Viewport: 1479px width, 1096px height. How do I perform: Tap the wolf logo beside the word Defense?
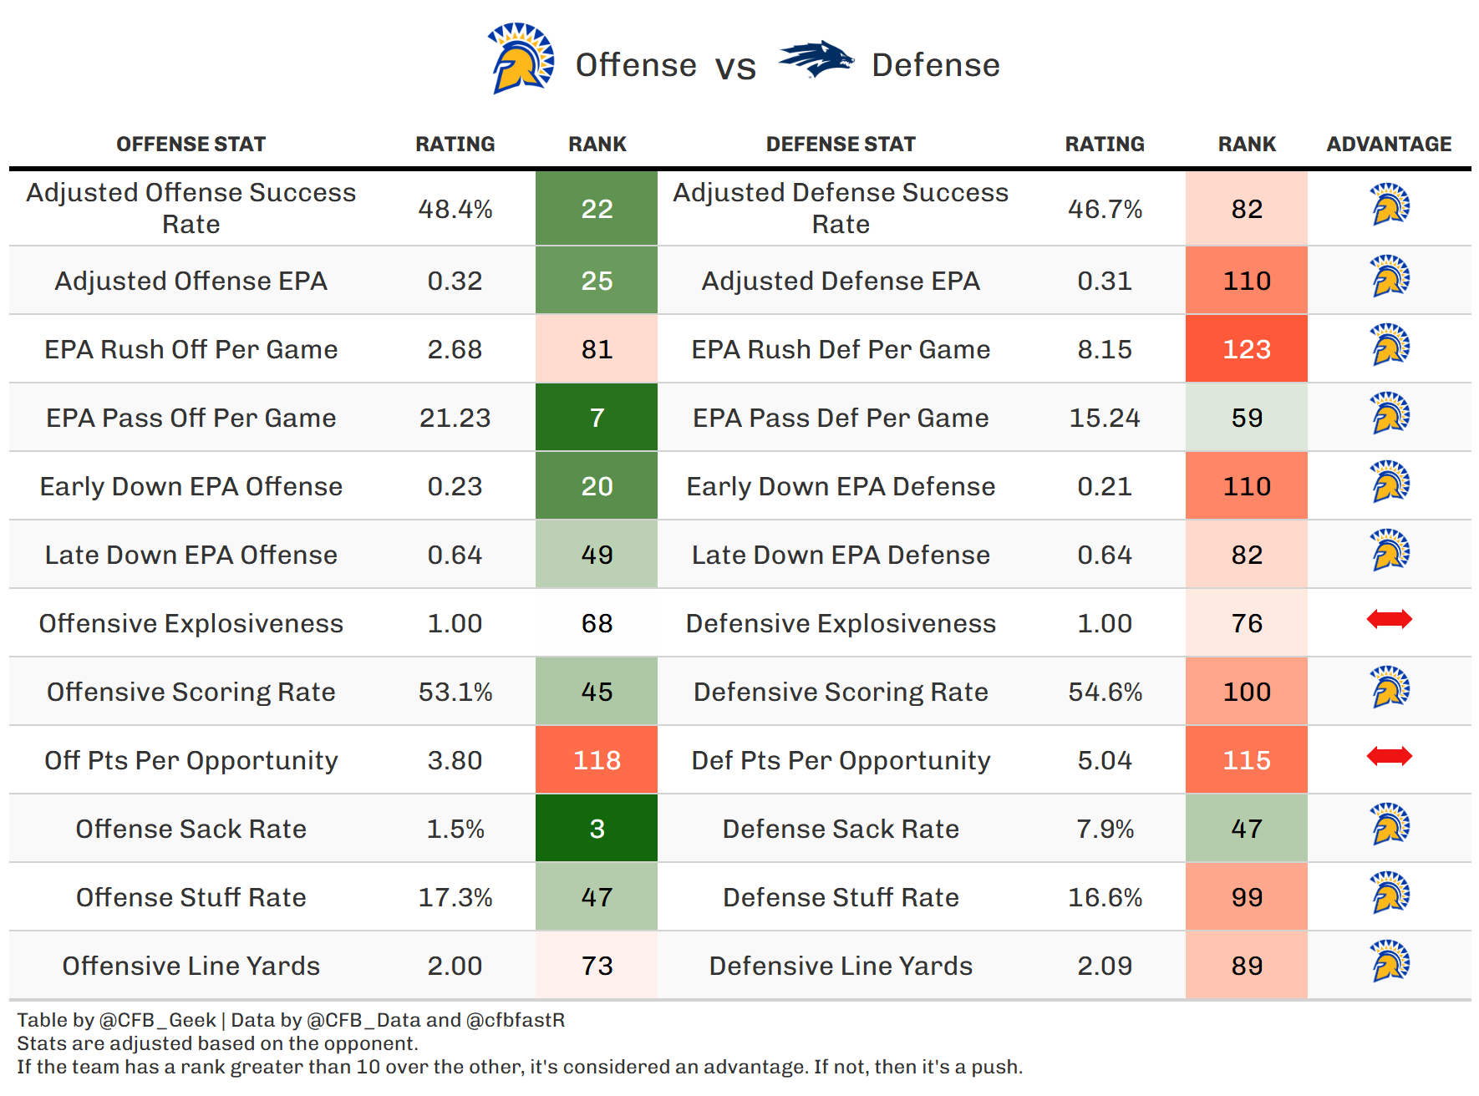(x=816, y=59)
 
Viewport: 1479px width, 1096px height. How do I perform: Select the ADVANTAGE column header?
(x=1389, y=145)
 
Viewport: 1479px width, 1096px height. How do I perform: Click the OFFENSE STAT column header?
(x=191, y=145)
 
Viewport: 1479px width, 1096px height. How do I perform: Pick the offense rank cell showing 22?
(x=597, y=209)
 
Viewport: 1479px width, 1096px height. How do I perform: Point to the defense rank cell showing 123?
(x=1246, y=349)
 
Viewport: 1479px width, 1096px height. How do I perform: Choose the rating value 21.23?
(x=455, y=418)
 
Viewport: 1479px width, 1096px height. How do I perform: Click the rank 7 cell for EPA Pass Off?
(x=597, y=418)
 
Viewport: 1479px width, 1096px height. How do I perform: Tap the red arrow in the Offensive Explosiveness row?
(x=1389, y=620)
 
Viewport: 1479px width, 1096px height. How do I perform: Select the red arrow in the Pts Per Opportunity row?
(x=1389, y=757)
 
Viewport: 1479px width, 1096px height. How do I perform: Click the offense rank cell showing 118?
(x=597, y=760)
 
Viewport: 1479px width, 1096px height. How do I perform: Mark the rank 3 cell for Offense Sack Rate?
(x=597, y=829)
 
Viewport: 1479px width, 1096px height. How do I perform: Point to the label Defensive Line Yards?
(x=841, y=966)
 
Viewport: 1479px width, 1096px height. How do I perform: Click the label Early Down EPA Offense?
(x=191, y=486)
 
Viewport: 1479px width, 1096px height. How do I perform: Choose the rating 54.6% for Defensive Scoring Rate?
(x=1105, y=692)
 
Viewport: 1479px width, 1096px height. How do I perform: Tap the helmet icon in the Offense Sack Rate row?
(x=1390, y=825)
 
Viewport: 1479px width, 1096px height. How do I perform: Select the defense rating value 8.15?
(x=1105, y=349)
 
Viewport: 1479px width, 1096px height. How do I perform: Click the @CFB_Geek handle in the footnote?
(x=157, y=1020)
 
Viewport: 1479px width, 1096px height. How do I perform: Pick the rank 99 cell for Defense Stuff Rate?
(x=1246, y=897)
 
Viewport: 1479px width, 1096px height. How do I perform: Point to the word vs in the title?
(x=735, y=67)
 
